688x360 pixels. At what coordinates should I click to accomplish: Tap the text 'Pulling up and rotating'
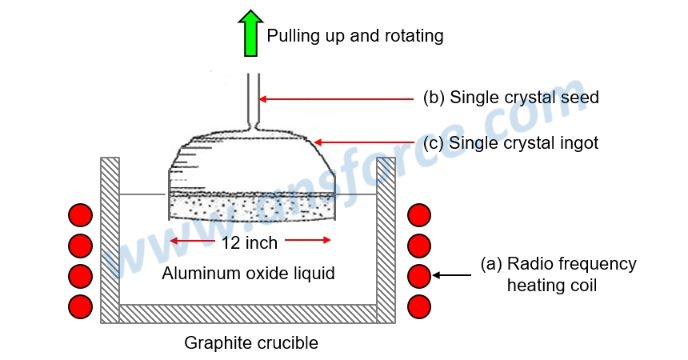point(354,36)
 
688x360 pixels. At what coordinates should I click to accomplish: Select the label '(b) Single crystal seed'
point(510,98)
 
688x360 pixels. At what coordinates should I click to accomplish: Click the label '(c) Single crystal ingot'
point(510,143)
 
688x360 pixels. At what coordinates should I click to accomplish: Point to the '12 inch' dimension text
point(250,242)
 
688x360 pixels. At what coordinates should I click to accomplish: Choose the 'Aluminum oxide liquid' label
point(248,274)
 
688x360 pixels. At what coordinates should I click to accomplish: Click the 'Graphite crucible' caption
point(251,343)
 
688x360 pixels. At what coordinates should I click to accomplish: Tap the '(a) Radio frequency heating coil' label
point(558,274)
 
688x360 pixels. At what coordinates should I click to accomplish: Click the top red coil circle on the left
point(80,215)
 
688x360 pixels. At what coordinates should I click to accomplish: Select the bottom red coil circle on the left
point(80,306)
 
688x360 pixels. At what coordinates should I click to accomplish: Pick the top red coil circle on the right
point(419,215)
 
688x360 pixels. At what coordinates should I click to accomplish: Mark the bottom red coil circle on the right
point(419,306)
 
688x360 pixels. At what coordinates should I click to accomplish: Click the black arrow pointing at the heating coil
point(452,275)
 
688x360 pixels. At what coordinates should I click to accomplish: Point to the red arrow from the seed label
point(336,99)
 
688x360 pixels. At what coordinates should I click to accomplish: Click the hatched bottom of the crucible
point(248,313)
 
